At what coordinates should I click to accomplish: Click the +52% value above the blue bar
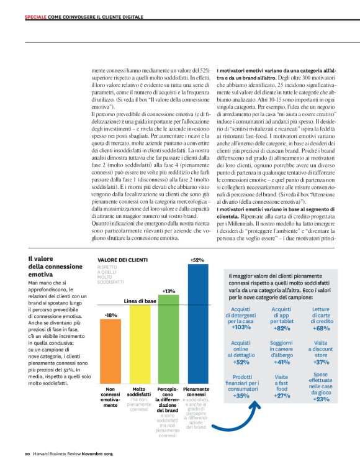pos(197,260)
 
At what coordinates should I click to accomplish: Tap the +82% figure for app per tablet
pos(282,328)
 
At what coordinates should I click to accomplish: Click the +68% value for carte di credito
pos(321,328)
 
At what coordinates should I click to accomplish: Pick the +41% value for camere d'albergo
pos(282,362)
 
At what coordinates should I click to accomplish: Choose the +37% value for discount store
pos(321,362)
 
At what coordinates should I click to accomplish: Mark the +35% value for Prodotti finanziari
pos(241,396)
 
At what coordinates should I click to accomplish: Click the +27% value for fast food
pos(282,396)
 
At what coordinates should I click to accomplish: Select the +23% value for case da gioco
pos(321,399)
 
